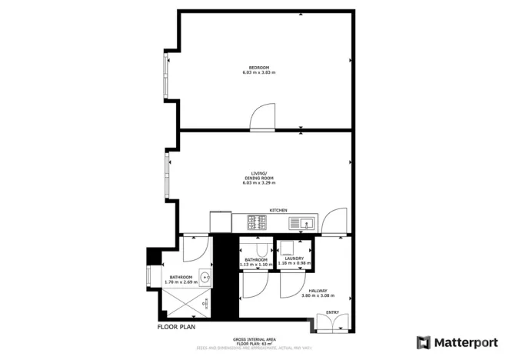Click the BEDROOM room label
tap(258, 68)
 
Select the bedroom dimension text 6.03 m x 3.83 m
tap(258, 73)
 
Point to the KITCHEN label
tap(278, 210)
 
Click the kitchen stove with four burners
tap(256, 222)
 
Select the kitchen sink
tap(302, 223)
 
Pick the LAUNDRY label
tap(295, 258)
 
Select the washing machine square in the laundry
tap(288, 248)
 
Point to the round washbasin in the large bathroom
tap(205, 278)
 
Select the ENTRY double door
tap(332, 322)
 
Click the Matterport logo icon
tap(424, 342)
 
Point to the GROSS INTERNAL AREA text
tap(254, 339)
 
